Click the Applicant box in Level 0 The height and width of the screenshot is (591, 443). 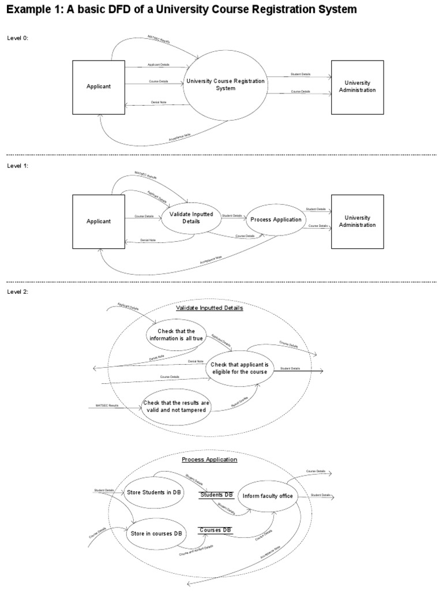pos(98,86)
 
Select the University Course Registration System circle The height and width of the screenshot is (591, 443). pos(226,85)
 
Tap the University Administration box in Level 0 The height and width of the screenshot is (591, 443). pos(357,87)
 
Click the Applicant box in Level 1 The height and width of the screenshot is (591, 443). pos(98,221)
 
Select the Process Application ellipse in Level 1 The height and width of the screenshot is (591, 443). pos(276,219)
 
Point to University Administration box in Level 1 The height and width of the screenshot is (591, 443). pos(357,221)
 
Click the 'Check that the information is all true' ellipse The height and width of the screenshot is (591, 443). pos(176,335)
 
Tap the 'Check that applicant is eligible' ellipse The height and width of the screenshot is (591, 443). pos(239,368)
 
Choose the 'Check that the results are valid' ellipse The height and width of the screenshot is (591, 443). pos(177,405)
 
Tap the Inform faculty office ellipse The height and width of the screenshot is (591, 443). pos(268,496)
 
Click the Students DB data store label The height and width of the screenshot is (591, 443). pos(216,495)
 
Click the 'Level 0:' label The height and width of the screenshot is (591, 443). pos(17,38)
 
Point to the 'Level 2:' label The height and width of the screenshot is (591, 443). pos(17,291)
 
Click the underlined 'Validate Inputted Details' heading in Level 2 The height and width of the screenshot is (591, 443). pos(209,308)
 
